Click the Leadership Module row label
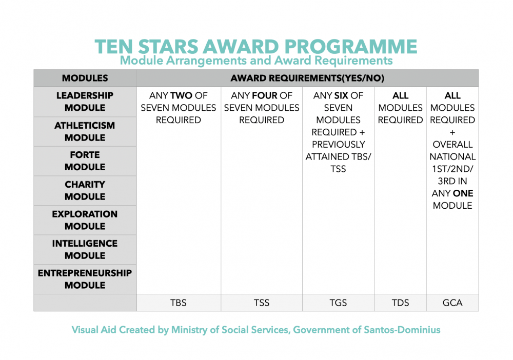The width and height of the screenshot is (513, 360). [x=85, y=102]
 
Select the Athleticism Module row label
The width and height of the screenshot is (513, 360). [x=85, y=131]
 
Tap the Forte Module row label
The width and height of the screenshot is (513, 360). [x=85, y=161]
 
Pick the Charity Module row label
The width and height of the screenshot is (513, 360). [x=85, y=190]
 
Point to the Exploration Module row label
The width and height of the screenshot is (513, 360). [x=85, y=220]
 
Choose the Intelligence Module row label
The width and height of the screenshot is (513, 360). [x=85, y=249]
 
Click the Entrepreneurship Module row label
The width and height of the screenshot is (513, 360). [x=85, y=279]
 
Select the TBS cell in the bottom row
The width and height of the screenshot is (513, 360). [x=178, y=303]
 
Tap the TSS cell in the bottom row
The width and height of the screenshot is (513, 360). [x=262, y=303]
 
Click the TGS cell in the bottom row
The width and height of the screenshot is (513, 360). [x=338, y=303]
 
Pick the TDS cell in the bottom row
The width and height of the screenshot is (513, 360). [x=400, y=303]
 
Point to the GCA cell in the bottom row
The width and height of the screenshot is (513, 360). [x=452, y=303]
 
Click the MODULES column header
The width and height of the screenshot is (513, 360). [x=85, y=78]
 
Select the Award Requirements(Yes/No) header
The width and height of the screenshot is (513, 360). [x=307, y=78]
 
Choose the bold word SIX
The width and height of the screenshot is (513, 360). [x=341, y=96]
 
